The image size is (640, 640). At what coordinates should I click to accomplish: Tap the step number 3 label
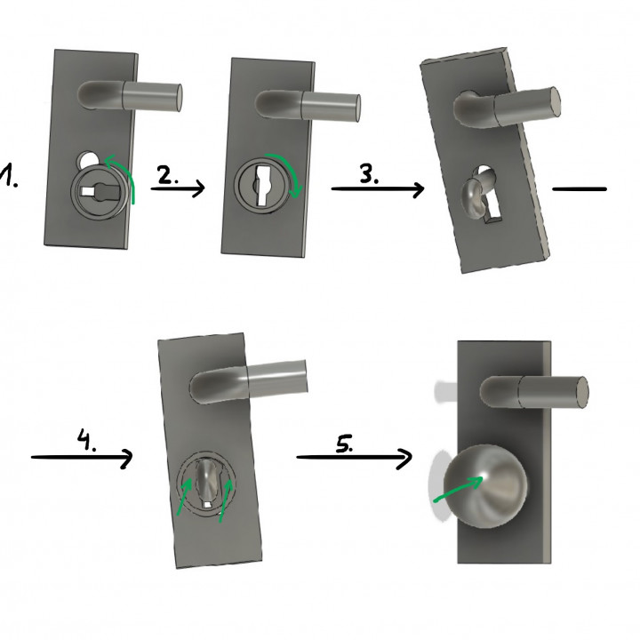368,174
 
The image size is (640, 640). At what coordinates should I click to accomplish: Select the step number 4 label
86,442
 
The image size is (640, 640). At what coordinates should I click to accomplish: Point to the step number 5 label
345,444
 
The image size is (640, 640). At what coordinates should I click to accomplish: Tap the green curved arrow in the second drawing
290,174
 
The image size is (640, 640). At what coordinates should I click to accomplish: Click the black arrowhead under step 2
198,188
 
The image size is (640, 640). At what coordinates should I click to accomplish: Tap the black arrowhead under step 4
126,459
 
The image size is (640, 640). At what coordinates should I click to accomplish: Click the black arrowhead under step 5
405,459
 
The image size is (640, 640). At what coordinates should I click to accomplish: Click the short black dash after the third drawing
579,188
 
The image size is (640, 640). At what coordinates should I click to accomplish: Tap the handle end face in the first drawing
177,92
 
